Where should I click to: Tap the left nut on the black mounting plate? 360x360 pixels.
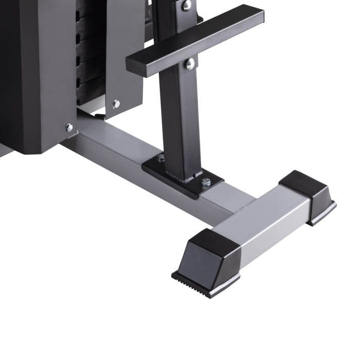[x=161, y=158]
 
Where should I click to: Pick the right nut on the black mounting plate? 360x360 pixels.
[x=206, y=182]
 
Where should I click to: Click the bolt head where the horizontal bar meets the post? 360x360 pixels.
[x=190, y=63]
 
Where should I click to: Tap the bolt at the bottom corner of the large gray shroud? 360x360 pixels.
[x=68, y=128]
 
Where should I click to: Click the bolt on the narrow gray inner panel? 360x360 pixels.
[x=116, y=104]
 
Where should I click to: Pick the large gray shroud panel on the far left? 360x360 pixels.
[x=36, y=77]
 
